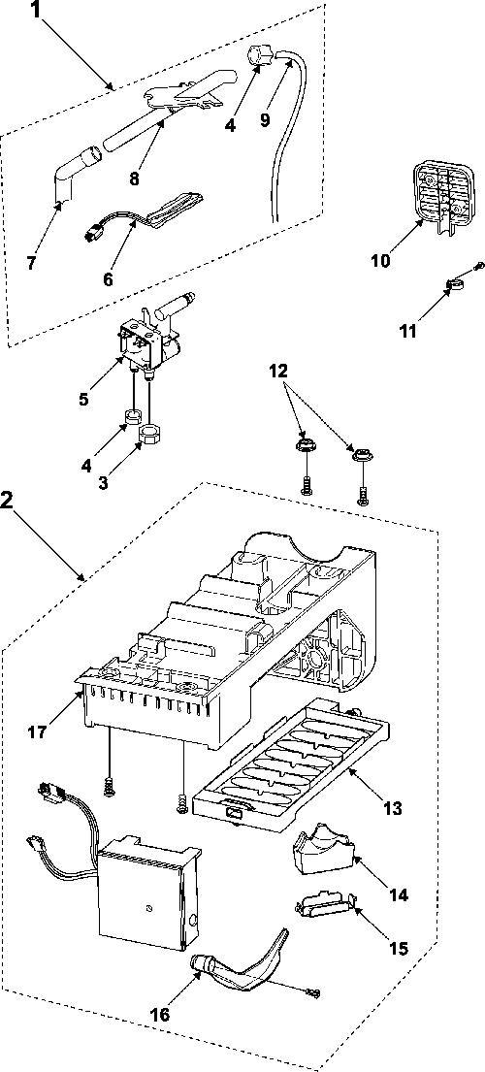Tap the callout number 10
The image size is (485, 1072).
click(380, 261)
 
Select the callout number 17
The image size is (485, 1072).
click(38, 732)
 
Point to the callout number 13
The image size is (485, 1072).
click(392, 809)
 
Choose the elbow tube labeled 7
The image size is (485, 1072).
click(72, 175)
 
